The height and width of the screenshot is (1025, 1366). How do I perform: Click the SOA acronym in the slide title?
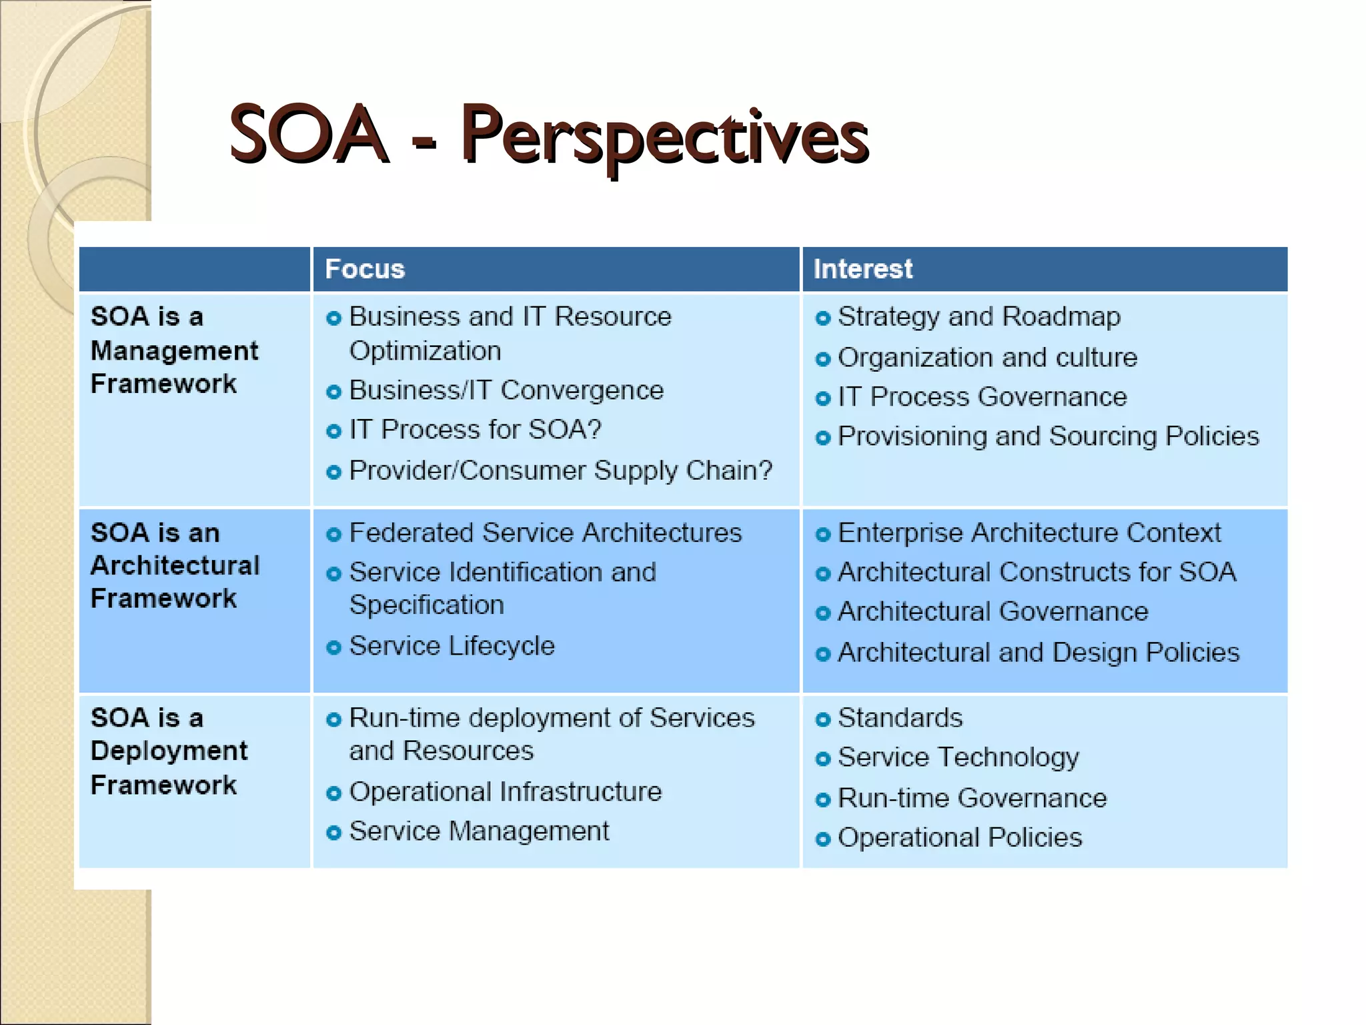click(x=308, y=135)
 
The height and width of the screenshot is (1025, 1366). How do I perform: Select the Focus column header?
click(x=365, y=270)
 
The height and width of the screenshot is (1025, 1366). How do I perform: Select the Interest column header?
click(x=862, y=270)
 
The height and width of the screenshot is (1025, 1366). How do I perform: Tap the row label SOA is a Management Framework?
click(x=173, y=350)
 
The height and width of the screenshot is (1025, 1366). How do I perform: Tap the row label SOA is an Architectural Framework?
click(x=175, y=565)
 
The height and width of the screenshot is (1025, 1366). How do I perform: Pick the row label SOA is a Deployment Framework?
click(x=169, y=751)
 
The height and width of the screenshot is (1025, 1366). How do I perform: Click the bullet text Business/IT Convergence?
click(x=506, y=390)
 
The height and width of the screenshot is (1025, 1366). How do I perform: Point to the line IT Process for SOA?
click(x=475, y=430)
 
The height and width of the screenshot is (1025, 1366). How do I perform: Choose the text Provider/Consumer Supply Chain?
click(x=560, y=471)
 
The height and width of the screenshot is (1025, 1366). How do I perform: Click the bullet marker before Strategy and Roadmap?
click(x=823, y=318)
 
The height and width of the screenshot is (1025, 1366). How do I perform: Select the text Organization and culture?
click(x=987, y=358)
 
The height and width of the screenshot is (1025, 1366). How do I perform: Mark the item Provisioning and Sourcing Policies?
click(x=1048, y=436)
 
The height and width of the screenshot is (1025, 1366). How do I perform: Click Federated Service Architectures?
click(x=545, y=533)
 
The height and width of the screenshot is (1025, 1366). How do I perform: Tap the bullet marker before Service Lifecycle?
click(x=334, y=647)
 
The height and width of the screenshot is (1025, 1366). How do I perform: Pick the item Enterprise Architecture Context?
click(x=1029, y=533)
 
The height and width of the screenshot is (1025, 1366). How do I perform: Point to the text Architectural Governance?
click(x=992, y=612)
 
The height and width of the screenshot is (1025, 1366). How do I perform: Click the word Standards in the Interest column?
click(x=900, y=718)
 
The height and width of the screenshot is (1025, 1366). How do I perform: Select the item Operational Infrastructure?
click(x=505, y=792)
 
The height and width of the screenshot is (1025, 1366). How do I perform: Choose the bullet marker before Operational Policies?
click(x=823, y=839)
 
